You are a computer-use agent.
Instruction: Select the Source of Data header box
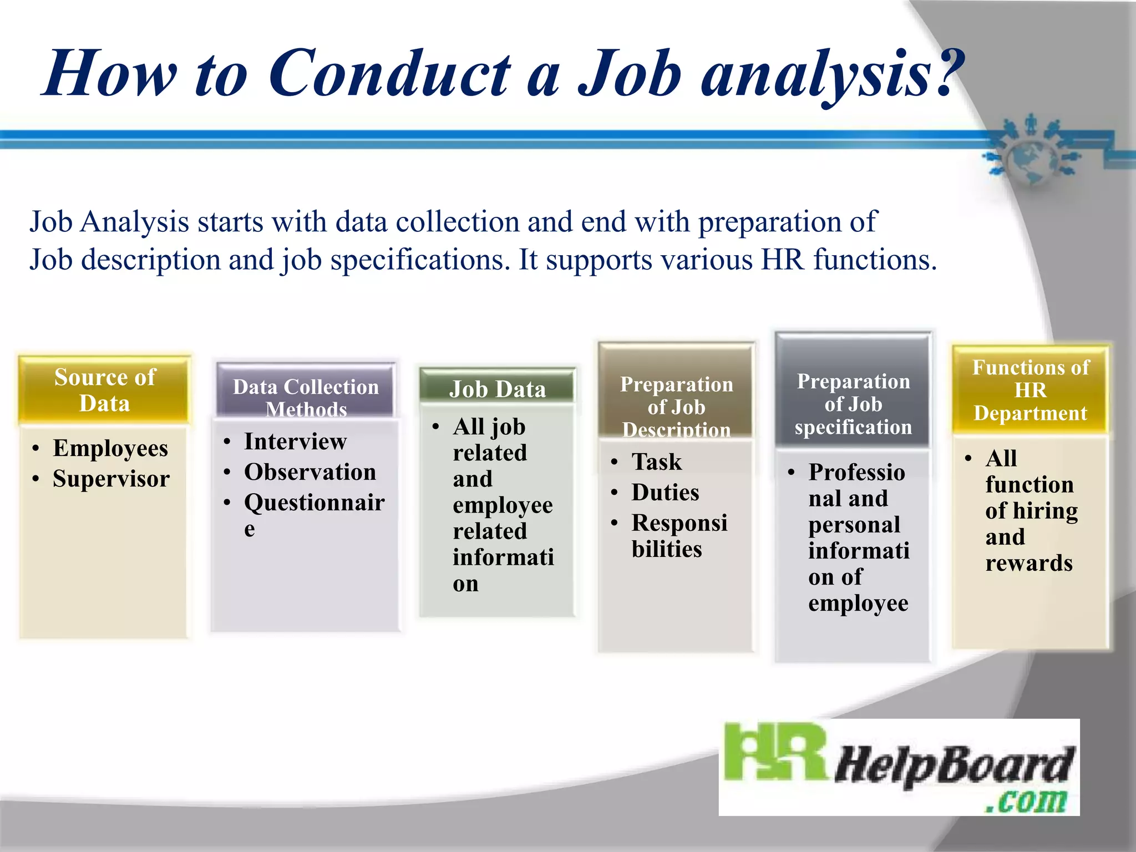click(x=105, y=390)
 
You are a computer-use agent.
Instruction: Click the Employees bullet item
click(x=110, y=448)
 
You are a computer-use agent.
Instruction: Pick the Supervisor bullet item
click(x=111, y=479)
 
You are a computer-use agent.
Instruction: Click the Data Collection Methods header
click(x=306, y=394)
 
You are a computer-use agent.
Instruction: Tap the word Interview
click(x=295, y=442)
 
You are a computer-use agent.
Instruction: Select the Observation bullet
click(x=310, y=472)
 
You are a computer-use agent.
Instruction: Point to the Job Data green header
click(x=497, y=389)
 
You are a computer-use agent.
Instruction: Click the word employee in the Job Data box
click(x=502, y=505)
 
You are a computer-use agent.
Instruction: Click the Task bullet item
click(x=656, y=461)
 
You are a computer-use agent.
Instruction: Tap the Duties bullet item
click(x=665, y=492)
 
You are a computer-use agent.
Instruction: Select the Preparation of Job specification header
click(x=853, y=404)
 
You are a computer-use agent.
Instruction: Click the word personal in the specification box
click(x=854, y=525)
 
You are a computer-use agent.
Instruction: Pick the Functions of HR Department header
click(x=1031, y=390)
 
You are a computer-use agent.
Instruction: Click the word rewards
click(x=1029, y=563)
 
